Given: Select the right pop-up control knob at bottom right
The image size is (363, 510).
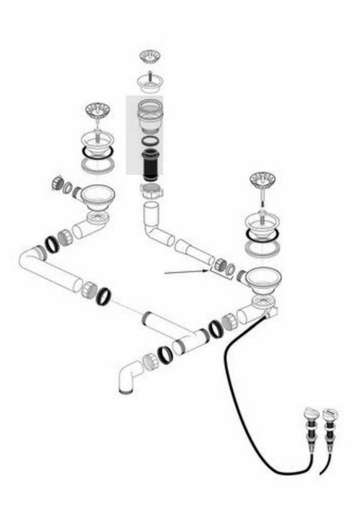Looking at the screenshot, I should (330, 415).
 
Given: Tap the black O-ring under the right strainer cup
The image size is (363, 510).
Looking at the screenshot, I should (262, 234).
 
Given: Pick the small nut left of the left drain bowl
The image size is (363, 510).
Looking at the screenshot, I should (58, 184).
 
